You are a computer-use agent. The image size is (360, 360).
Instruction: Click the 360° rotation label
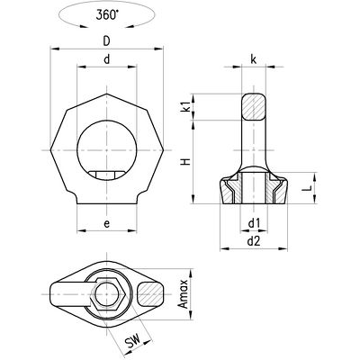tap(108, 15)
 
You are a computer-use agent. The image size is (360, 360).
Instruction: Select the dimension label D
tap(108, 41)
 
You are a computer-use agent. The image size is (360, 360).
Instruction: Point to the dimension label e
tap(108, 220)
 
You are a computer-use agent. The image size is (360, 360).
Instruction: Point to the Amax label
tap(185, 293)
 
